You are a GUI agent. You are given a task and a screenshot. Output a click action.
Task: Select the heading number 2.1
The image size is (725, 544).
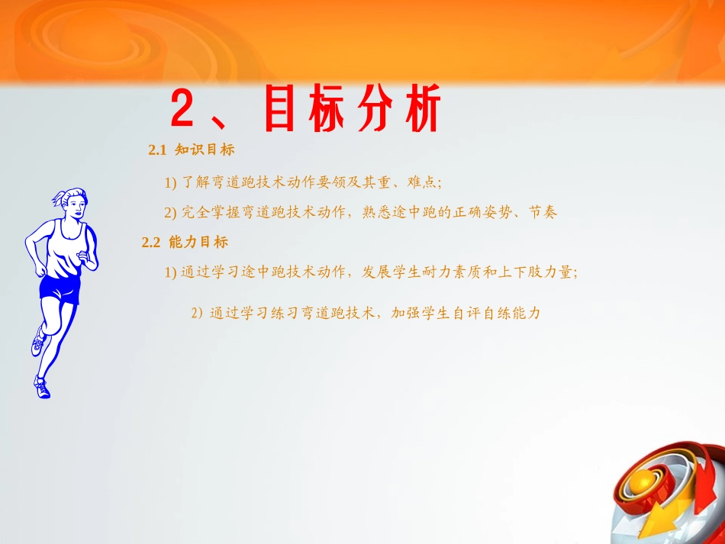pos(157,150)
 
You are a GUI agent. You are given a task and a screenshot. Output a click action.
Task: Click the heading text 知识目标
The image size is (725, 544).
pos(205,150)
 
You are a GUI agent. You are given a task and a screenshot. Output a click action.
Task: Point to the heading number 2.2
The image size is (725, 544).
pos(151,243)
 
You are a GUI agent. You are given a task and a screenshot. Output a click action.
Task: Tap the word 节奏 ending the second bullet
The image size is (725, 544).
pos(543,212)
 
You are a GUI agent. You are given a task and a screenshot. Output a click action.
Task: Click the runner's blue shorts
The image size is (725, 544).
pos(60,289)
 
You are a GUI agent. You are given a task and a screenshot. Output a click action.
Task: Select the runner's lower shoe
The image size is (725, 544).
pos(42,388)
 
